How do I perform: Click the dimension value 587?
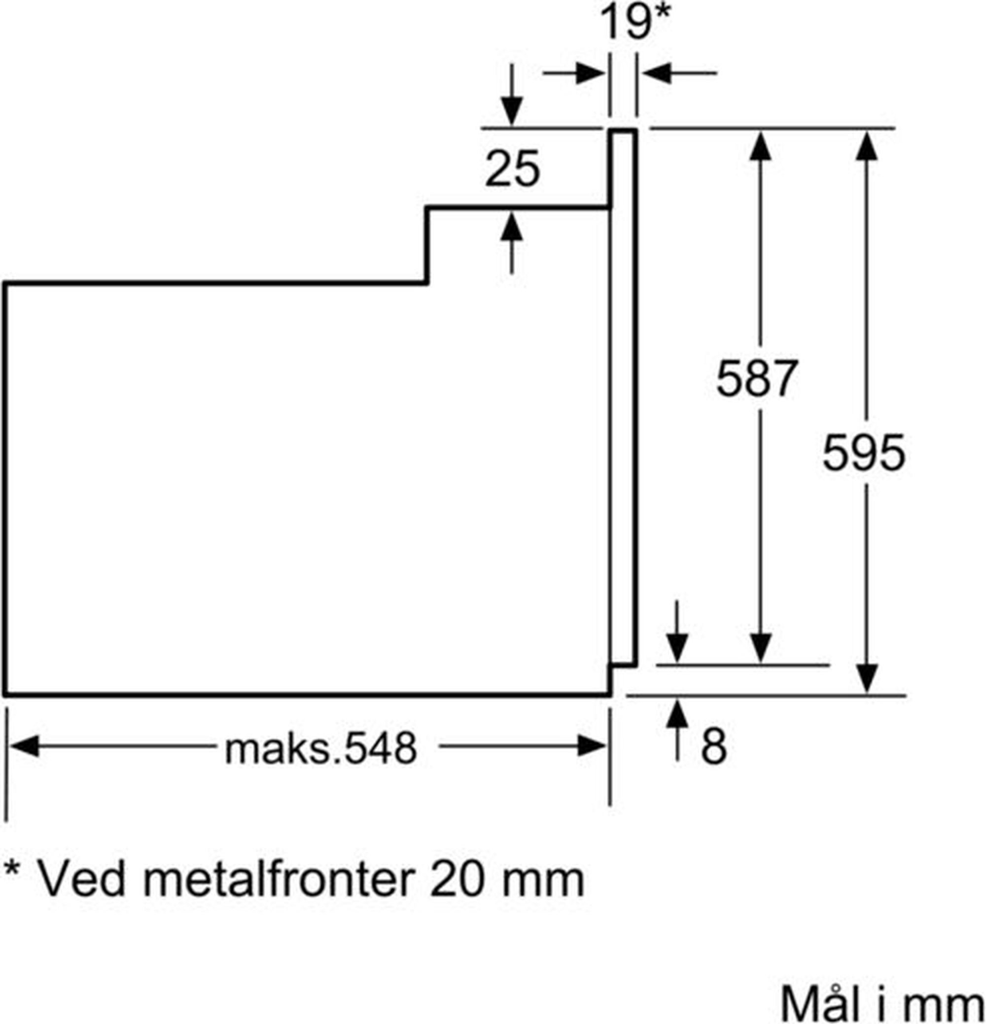[757, 378]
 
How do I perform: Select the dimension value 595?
[864, 453]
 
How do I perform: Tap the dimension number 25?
[512, 168]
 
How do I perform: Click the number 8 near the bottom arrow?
[714, 746]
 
